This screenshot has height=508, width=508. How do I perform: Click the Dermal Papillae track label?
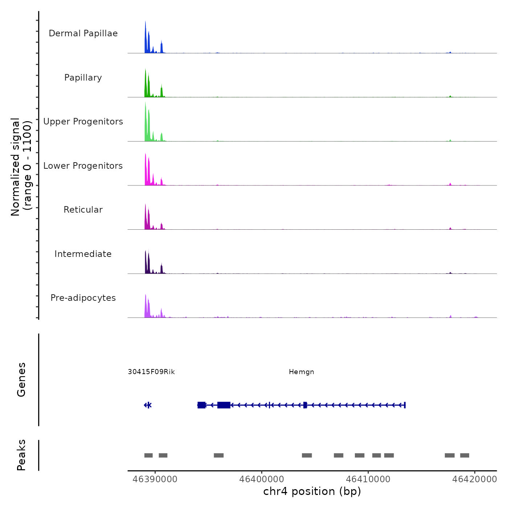[x=83, y=33]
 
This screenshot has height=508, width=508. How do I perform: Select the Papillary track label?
[x=83, y=78]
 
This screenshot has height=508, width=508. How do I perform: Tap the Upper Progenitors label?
[x=83, y=122]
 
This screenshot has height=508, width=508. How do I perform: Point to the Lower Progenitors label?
[x=83, y=166]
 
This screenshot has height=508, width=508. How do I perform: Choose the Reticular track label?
[x=83, y=210]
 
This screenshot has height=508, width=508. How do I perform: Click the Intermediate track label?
[x=83, y=254]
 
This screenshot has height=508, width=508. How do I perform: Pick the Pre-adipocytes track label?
[x=83, y=298]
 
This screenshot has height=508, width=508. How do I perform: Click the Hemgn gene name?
[x=302, y=372]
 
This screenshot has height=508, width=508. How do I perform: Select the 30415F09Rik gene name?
[x=151, y=372]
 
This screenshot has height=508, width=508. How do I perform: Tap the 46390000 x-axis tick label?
[x=155, y=479]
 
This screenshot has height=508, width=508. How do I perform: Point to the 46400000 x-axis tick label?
[x=262, y=479]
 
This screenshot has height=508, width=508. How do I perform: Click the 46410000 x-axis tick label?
[x=368, y=479]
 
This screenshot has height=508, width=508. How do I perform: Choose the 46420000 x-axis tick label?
[x=475, y=479]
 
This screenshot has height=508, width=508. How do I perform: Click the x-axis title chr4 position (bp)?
[x=312, y=491]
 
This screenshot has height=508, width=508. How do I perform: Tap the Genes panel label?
[x=21, y=380]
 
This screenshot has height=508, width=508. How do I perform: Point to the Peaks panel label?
[x=21, y=455]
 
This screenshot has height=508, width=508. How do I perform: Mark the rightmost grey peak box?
[x=464, y=455]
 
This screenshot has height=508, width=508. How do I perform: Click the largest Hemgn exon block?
[x=224, y=405]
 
